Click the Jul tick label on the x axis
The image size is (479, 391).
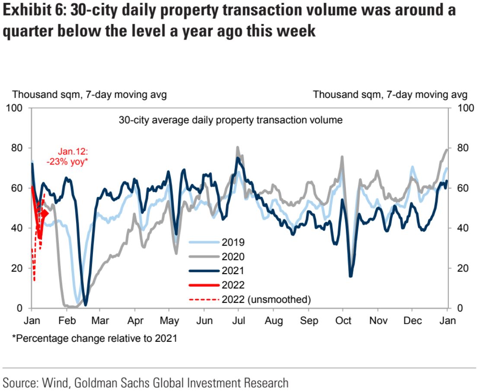click(x=239, y=321)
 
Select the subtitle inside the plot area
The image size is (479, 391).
click(x=230, y=120)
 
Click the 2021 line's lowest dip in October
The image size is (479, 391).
click(x=350, y=275)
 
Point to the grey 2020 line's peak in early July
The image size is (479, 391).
click(x=237, y=148)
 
